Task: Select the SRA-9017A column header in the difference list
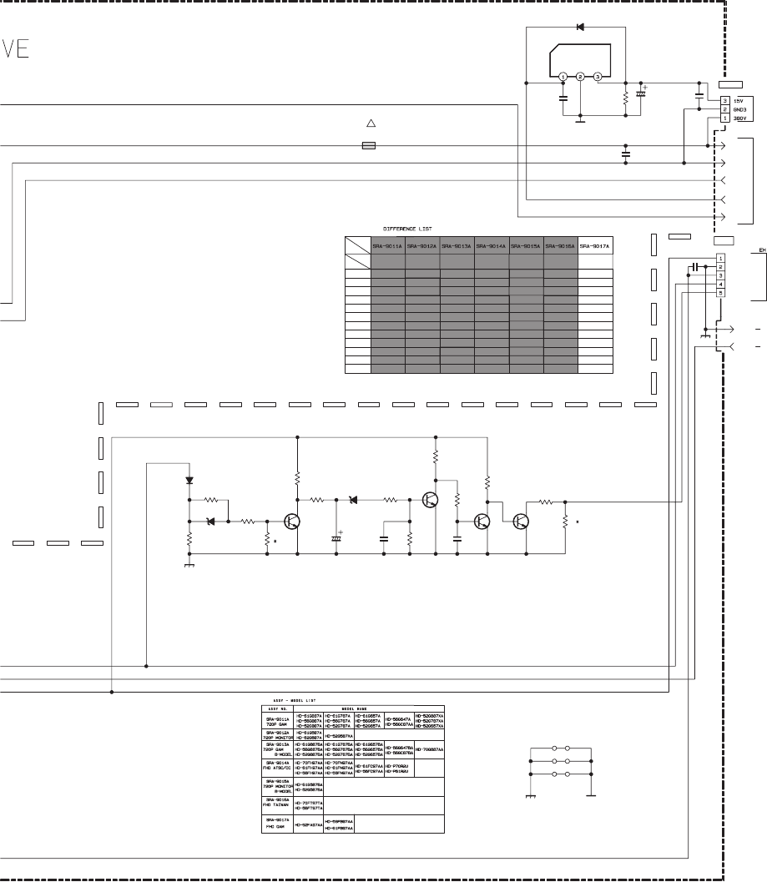(595, 246)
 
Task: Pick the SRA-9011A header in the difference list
(388, 246)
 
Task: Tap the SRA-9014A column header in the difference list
(492, 246)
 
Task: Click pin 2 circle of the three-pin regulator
(581, 78)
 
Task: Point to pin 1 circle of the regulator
(564, 78)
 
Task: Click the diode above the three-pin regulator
(580, 28)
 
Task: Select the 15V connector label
(738, 100)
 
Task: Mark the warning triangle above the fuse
(371, 123)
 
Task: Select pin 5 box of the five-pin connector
(720, 293)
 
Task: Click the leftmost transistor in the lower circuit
(292, 521)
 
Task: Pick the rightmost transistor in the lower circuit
(521, 521)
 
